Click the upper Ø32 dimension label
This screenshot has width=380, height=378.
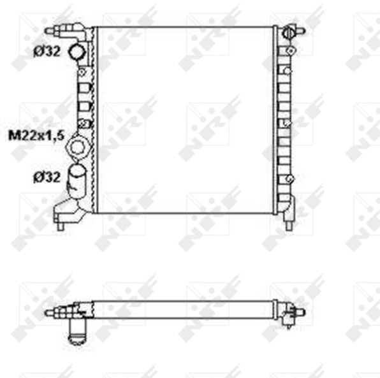tap(47, 52)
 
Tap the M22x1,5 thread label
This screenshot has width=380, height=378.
tap(36, 135)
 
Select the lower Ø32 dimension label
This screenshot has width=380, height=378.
tap(47, 177)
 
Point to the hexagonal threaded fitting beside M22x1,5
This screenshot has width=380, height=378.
tap(78, 147)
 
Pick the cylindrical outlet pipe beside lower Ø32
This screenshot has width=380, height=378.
tap(76, 181)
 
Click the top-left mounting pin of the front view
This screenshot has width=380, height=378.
tap(50, 31)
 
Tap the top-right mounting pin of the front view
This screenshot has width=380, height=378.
tap(301, 31)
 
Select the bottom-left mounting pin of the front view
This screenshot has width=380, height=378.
tap(60, 226)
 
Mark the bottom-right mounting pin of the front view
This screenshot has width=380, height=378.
tap(288, 226)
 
